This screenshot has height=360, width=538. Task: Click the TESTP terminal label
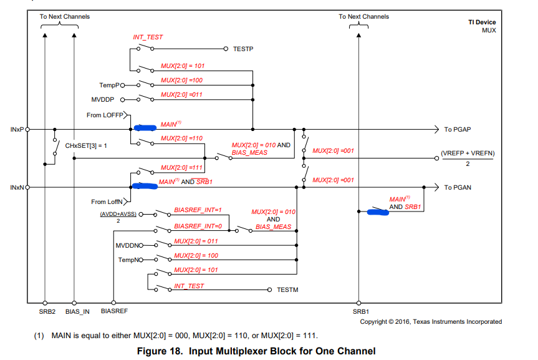click(243, 49)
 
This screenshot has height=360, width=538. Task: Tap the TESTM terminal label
click(287, 290)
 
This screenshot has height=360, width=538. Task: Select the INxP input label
click(17, 130)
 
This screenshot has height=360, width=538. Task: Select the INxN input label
click(17, 188)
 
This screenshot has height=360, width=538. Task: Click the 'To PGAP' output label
click(458, 130)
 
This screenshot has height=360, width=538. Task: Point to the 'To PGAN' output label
click(458, 188)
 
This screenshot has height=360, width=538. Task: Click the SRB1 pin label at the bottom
click(360, 311)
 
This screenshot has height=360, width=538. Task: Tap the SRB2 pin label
click(47, 311)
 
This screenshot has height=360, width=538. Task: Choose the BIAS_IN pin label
click(77, 311)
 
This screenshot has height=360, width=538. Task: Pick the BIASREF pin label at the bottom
click(114, 311)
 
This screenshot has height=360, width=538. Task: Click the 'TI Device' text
click(482, 22)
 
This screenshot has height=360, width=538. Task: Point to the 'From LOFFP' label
click(105, 115)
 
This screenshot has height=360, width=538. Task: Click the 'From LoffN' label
click(107, 202)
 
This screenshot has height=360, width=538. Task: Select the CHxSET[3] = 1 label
click(86, 145)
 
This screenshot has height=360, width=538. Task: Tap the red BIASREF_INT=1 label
click(198, 210)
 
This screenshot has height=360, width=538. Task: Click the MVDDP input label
click(103, 100)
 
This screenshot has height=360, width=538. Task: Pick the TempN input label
click(128, 260)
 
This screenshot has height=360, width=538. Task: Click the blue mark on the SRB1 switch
click(378, 212)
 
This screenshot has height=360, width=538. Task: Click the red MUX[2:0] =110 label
click(181, 138)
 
